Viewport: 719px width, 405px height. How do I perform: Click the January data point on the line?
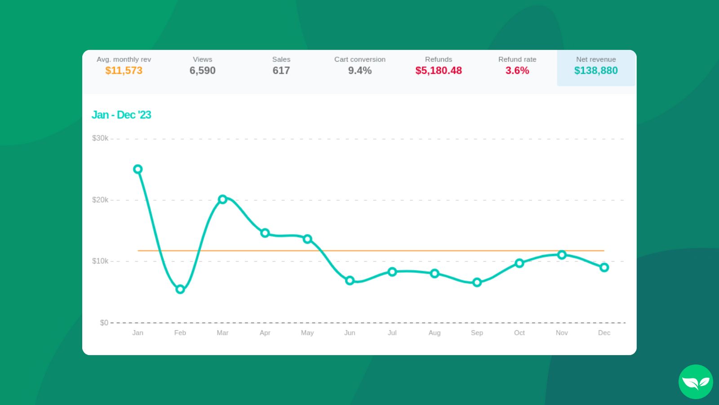(x=138, y=169)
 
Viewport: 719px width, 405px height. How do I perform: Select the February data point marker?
(x=180, y=289)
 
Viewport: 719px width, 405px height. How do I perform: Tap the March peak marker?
(x=222, y=199)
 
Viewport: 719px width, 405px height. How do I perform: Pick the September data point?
(x=477, y=283)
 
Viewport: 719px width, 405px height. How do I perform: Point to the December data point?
(x=604, y=267)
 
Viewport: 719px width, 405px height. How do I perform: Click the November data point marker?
(x=562, y=255)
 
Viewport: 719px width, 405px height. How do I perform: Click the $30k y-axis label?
(x=100, y=138)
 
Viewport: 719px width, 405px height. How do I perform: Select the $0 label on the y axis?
(x=104, y=323)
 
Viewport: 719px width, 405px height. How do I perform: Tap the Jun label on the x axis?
(x=350, y=333)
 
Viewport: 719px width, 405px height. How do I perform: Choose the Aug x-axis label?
(x=435, y=333)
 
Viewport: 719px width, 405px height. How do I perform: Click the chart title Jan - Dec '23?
(x=121, y=115)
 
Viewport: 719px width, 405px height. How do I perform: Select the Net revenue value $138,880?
(x=596, y=71)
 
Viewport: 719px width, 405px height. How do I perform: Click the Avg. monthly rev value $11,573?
(x=124, y=71)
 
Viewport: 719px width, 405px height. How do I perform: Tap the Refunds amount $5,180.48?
(x=439, y=71)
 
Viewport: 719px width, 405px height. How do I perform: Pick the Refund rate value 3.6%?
(x=517, y=71)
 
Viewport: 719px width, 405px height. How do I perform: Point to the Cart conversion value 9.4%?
(x=360, y=71)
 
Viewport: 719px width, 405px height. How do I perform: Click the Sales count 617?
(x=281, y=71)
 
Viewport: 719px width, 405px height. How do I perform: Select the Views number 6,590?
(x=203, y=71)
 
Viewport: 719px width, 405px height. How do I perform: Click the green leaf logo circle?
(x=696, y=382)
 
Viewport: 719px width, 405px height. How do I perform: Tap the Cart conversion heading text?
(x=360, y=59)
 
